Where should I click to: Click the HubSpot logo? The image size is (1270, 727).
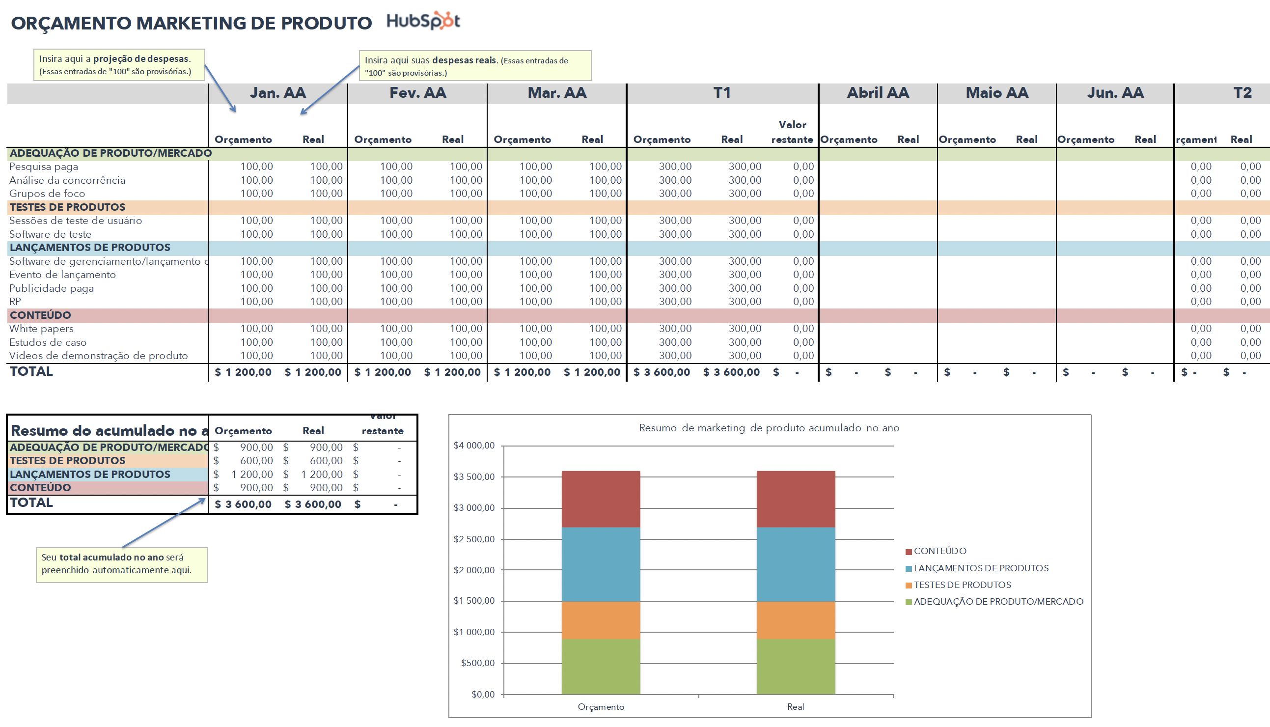click(423, 21)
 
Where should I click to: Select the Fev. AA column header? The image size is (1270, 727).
click(417, 93)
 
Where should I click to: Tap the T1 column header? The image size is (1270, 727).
click(722, 93)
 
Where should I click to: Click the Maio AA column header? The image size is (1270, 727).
click(996, 93)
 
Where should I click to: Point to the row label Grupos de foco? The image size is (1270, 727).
click(47, 194)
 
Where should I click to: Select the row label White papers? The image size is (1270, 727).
click(41, 329)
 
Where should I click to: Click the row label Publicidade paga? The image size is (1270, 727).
click(52, 288)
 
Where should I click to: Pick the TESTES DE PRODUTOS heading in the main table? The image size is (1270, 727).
click(67, 207)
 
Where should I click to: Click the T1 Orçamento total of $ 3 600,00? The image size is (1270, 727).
click(662, 372)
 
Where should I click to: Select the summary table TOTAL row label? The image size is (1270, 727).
click(31, 503)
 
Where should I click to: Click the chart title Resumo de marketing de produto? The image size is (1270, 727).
click(769, 428)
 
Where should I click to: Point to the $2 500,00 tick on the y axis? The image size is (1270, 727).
click(474, 539)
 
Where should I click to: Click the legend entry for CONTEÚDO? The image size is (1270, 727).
click(939, 551)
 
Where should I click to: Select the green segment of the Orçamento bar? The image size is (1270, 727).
click(601, 667)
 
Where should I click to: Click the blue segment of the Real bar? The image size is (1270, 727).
click(795, 564)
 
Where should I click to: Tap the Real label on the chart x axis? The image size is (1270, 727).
click(795, 707)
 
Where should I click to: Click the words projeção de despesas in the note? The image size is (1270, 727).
click(141, 59)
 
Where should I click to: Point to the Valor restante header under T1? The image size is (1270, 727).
click(792, 132)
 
